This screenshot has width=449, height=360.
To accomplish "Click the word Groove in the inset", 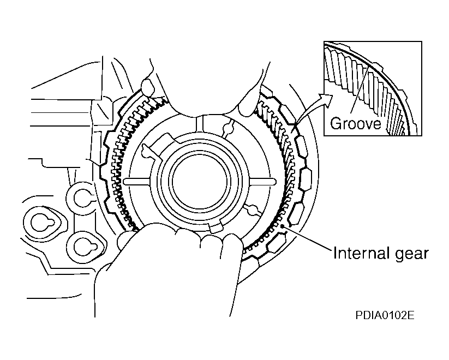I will [355, 123].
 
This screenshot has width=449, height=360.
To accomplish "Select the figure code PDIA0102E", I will [384, 315].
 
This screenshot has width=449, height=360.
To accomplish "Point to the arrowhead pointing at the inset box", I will [328, 99].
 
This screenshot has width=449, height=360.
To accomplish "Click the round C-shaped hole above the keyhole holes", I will [82, 197].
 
